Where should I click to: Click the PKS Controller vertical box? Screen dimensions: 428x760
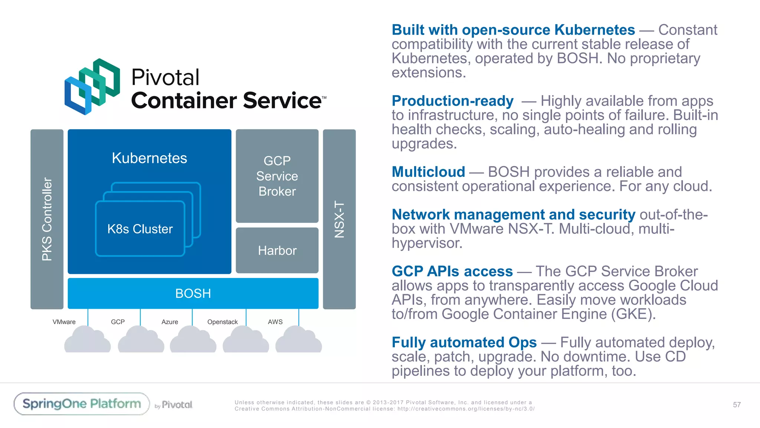click(x=47, y=219)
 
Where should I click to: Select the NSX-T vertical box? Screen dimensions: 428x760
click(x=339, y=219)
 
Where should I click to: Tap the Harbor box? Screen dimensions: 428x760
click(x=277, y=250)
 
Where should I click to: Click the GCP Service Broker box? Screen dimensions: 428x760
click(x=277, y=176)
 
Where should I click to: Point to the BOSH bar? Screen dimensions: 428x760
click(x=193, y=294)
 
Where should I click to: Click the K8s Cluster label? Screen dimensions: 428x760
click(x=140, y=229)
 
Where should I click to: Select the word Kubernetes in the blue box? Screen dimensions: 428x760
click(x=150, y=158)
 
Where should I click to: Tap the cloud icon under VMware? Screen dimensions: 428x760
click(x=88, y=340)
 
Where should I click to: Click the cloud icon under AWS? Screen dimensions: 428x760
click(x=298, y=340)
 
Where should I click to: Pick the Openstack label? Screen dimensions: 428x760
click(x=222, y=322)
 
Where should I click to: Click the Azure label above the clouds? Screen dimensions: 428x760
click(x=170, y=322)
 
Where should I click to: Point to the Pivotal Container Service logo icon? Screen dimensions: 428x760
click(x=92, y=87)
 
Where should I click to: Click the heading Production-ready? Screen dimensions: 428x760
click(x=452, y=101)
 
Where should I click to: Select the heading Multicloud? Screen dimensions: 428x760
click(x=428, y=172)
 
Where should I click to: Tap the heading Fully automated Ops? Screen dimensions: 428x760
click(x=464, y=342)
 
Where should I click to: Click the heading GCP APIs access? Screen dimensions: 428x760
click(x=452, y=271)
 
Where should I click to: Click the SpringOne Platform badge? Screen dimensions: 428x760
click(x=82, y=404)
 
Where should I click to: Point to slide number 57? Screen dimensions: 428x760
click(x=737, y=405)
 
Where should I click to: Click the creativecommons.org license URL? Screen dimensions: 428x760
click(x=466, y=409)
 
